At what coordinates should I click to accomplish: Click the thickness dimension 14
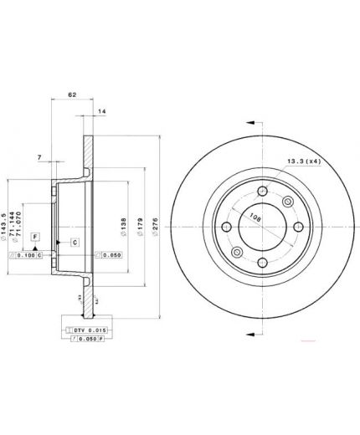[101, 111]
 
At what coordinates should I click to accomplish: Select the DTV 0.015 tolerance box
[84, 331]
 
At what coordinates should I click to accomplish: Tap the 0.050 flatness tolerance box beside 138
[109, 254]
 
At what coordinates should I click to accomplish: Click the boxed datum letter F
[35, 238]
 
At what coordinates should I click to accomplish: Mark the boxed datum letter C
[74, 243]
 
